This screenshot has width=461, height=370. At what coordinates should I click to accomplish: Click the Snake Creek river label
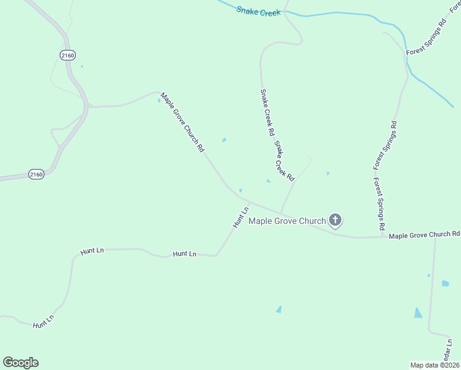coord(259,11)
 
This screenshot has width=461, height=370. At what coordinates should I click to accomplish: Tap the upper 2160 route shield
coord(68,55)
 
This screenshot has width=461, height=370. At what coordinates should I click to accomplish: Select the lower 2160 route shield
coord(36,175)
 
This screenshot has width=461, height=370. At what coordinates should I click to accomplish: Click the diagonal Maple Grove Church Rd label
coord(182,122)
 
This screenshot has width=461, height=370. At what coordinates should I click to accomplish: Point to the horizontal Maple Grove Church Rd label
coord(425,235)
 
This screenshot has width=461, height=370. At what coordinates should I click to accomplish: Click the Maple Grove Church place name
coord(287,221)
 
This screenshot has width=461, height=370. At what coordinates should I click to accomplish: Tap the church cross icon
coord(335,220)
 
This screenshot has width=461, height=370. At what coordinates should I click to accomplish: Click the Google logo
coord(20,363)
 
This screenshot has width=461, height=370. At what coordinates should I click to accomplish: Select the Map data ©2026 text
coord(435,364)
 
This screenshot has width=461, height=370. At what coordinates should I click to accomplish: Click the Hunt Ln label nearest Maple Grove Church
coord(241,216)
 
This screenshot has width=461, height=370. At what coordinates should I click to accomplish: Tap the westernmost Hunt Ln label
coord(44,321)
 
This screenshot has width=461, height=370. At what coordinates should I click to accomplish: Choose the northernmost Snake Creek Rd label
coord(267,112)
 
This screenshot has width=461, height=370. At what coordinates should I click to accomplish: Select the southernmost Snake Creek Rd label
coord(285,161)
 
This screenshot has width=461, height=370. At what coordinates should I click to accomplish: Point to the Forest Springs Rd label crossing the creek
coord(426,38)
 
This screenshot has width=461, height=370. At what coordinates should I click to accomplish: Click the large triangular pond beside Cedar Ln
coord(418,313)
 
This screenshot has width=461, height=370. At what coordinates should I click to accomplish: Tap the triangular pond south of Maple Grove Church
coord(279,309)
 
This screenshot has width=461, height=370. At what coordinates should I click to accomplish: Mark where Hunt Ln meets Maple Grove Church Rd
coord(248,202)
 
